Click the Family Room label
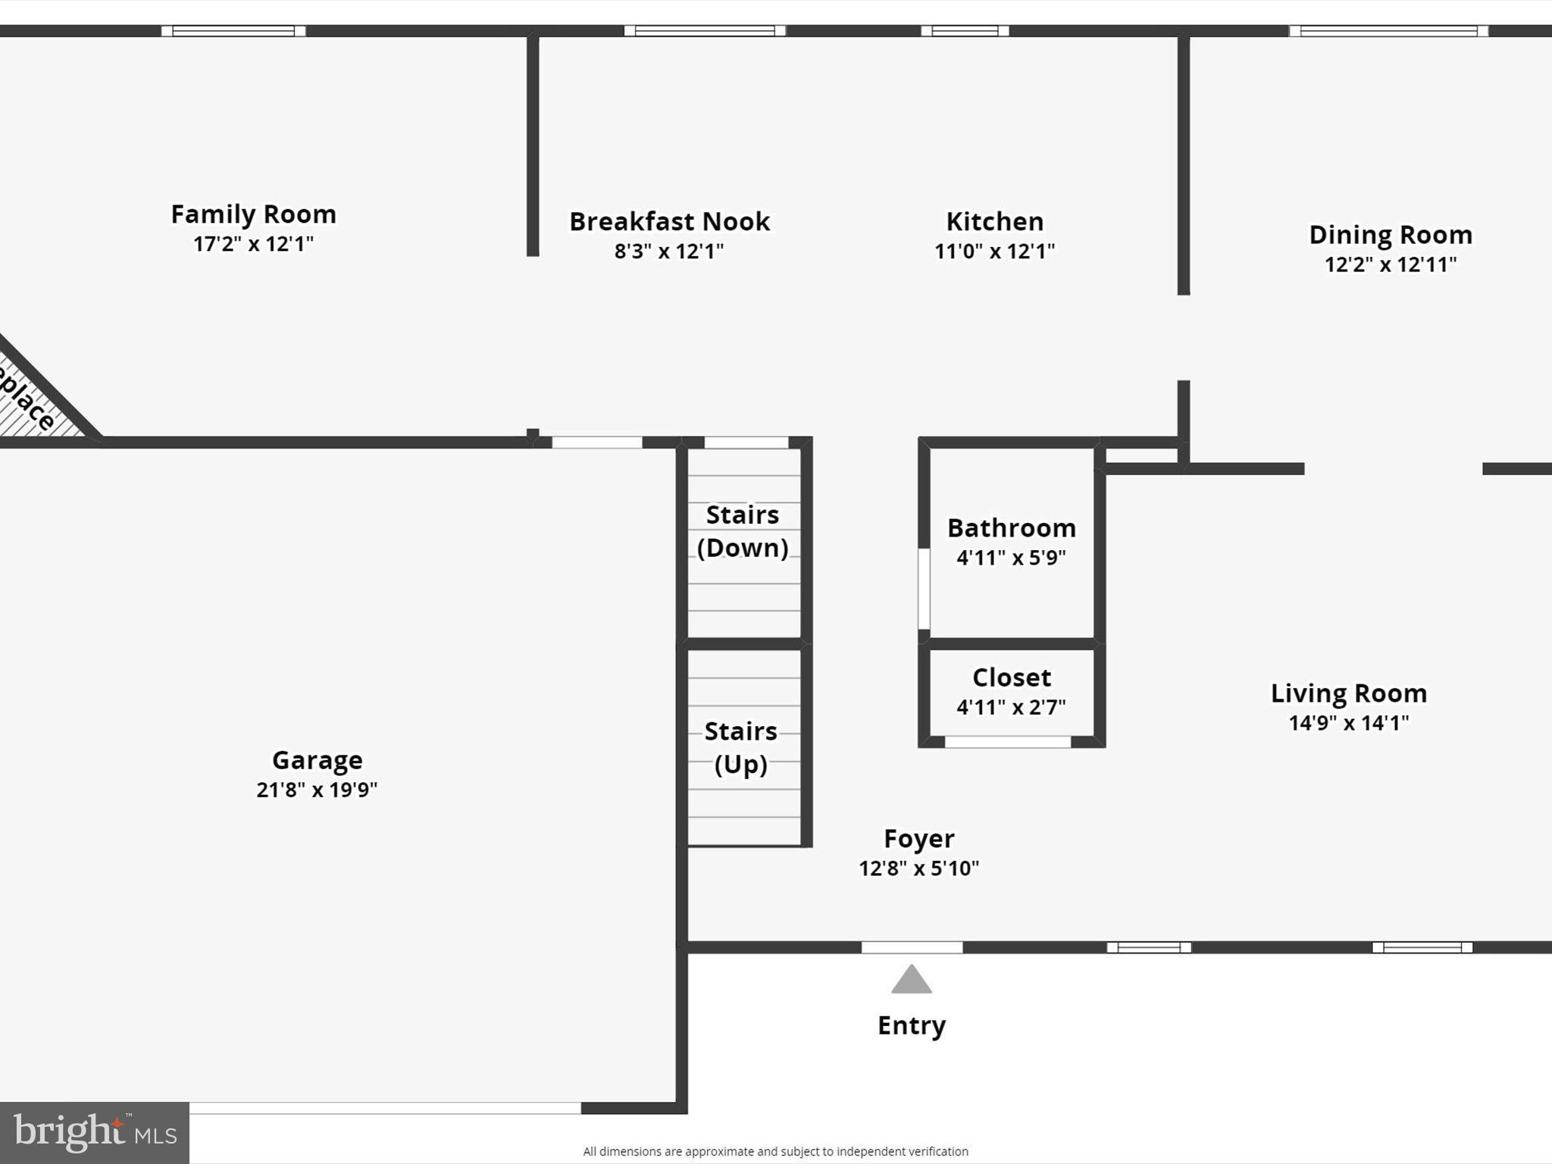(x=253, y=214)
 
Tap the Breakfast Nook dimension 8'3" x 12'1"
(x=668, y=252)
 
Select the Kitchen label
(x=994, y=221)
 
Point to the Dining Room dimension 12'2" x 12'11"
(x=1390, y=264)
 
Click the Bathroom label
(x=1011, y=527)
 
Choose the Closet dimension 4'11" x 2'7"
(x=1011, y=707)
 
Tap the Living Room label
(x=1348, y=693)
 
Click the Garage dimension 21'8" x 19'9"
(x=317, y=790)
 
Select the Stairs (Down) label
(x=743, y=531)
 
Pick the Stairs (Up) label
(x=741, y=747)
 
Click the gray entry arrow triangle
(x=911, y=981)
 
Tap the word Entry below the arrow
(x=911, y=1025)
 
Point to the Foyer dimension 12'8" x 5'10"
(x=918, y=868)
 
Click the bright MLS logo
(x=94, y=1132)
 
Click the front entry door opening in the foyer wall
(x=912, y=947)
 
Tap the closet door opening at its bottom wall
(x=1007, y=742)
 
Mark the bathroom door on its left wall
(x=924, y=589)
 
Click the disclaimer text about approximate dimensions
(x=775, y=1151)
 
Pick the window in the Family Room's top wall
(x=233, y=31)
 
